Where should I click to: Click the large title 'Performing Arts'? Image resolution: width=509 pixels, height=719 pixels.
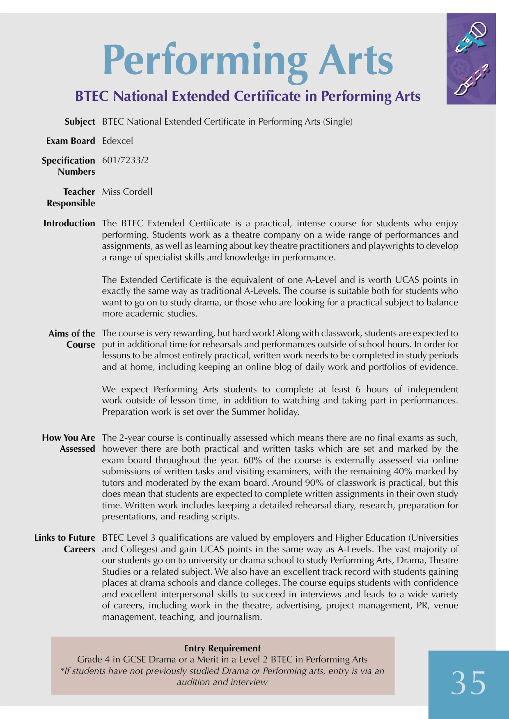point(248,61)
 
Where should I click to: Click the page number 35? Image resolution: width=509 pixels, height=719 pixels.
point(468,683)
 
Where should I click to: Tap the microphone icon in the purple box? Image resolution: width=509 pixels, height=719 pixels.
point(472,38)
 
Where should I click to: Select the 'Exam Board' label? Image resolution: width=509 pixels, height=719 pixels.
point(71,141)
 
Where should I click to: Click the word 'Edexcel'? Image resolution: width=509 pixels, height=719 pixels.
point(117,141)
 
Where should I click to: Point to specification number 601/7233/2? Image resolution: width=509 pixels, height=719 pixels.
point(125,160)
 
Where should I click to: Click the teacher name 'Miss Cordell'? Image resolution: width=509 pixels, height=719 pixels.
point(127,192)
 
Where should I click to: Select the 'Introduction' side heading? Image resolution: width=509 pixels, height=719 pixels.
point(69,223)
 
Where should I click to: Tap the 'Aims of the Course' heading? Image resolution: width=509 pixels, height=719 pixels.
point(72,339)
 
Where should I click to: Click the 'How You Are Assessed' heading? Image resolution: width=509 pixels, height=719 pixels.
point(69,443)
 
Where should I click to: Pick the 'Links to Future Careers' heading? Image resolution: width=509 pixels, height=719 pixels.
point(65,543)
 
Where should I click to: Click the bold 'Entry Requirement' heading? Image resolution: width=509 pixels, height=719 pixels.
point(222,648)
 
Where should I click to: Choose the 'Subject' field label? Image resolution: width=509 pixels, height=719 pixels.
point(80,122)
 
